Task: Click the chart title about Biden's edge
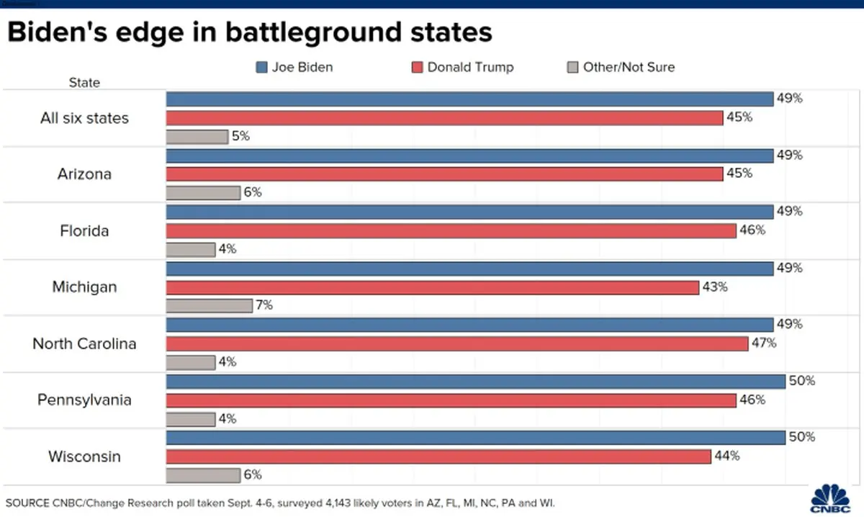click(x=250, y=33)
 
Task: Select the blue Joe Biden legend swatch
click(x=261, y=68)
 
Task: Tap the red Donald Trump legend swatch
click(x=418, y=68)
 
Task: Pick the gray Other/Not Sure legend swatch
click(x=572, y=68)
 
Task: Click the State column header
click(x=84, y=83)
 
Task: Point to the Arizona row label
click(x=84, y=174)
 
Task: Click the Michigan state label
click(x=84, y=287)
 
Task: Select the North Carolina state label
click(x=84, y=343)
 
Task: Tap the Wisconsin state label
click(x=84, y=457)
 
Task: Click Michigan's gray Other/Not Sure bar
click(x=209, y=305)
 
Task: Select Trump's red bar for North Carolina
click(x=457, y=343)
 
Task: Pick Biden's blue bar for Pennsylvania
click(x=475, y=381)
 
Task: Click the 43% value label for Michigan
click(x=715, y=287)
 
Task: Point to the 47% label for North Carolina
click(x=764, y=343)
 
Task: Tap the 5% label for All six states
click(x=240, y=136)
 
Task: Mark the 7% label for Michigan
click(x=264, y=305)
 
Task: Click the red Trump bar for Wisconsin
click(x=439, y=456)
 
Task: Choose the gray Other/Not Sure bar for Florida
click(x=191, y=249)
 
